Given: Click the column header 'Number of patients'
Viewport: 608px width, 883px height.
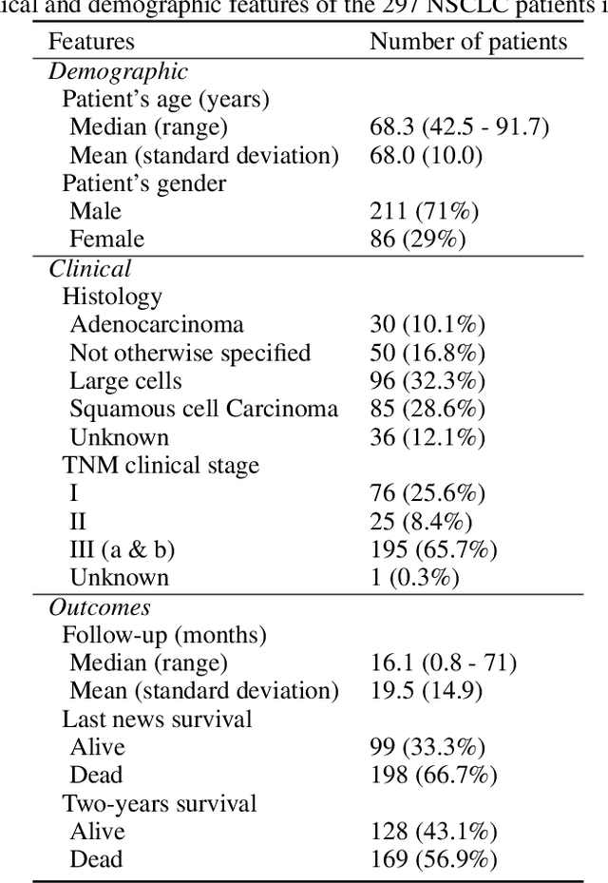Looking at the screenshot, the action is pos(468,42).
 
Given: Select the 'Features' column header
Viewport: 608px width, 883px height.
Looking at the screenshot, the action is pos(91,42).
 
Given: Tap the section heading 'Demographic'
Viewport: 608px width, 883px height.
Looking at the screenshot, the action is pos(118,71).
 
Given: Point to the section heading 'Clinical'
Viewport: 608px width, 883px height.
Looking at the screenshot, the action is pos(90,269).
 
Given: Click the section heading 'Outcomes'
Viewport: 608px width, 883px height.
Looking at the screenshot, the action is pos(100,607).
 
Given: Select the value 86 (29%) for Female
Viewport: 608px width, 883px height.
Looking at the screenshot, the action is pos(418,240).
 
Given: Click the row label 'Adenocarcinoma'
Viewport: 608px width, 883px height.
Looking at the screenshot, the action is pos(157,325).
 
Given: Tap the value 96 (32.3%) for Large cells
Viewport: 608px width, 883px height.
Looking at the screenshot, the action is pos(427,381).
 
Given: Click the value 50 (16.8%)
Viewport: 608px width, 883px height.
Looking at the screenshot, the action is pos(427,354).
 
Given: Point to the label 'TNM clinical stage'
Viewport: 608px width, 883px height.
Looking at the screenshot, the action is pos(161,466).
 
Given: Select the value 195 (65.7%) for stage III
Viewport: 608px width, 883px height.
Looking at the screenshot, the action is pos(431,550).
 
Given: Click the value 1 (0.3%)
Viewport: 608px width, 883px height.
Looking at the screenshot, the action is pos(414,578).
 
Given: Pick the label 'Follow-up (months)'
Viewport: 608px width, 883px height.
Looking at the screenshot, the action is pos(164,635).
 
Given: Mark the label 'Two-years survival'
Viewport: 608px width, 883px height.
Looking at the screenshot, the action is pos(160,803).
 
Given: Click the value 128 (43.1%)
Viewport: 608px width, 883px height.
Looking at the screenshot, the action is pos(432,832).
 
